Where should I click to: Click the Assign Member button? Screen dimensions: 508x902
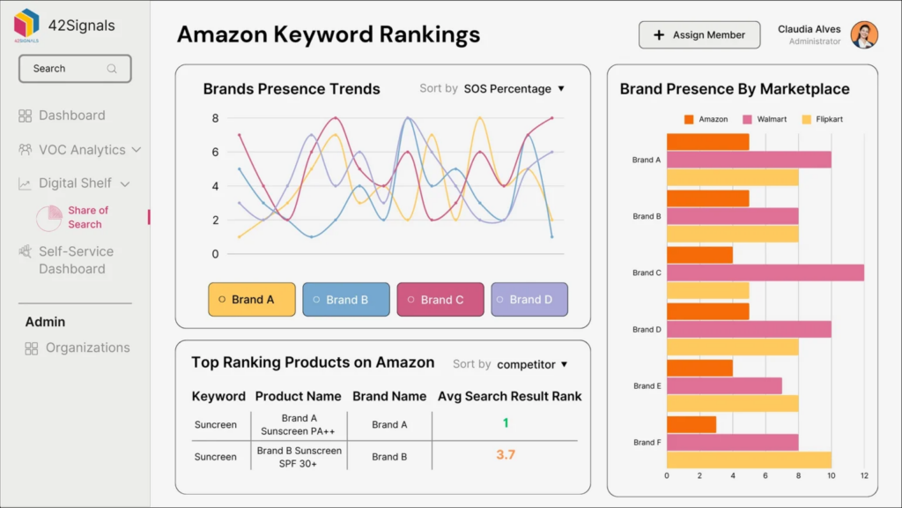tap(699, 35)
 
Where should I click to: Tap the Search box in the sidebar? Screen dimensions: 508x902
tap(75, 69)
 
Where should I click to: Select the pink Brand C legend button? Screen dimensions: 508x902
tap(440, 300)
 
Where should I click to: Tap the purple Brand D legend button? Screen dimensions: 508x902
tap(529, 300)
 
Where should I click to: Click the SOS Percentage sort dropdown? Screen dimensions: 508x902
tap(514, 89)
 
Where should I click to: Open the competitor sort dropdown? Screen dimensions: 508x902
tap(532, 364)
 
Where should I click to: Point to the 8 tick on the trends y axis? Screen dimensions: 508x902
tap(215, 118)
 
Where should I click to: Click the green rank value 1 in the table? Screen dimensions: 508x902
tap(506, 423)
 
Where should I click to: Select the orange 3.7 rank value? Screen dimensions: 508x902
tap(506, 455)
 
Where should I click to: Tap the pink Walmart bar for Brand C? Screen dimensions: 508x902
tap(765, 273)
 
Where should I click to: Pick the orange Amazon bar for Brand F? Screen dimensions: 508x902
tap(691, 425)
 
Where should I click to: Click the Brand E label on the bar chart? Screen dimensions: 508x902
tap(645, 386)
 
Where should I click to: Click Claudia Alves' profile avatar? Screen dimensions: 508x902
tap(864, 35)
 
